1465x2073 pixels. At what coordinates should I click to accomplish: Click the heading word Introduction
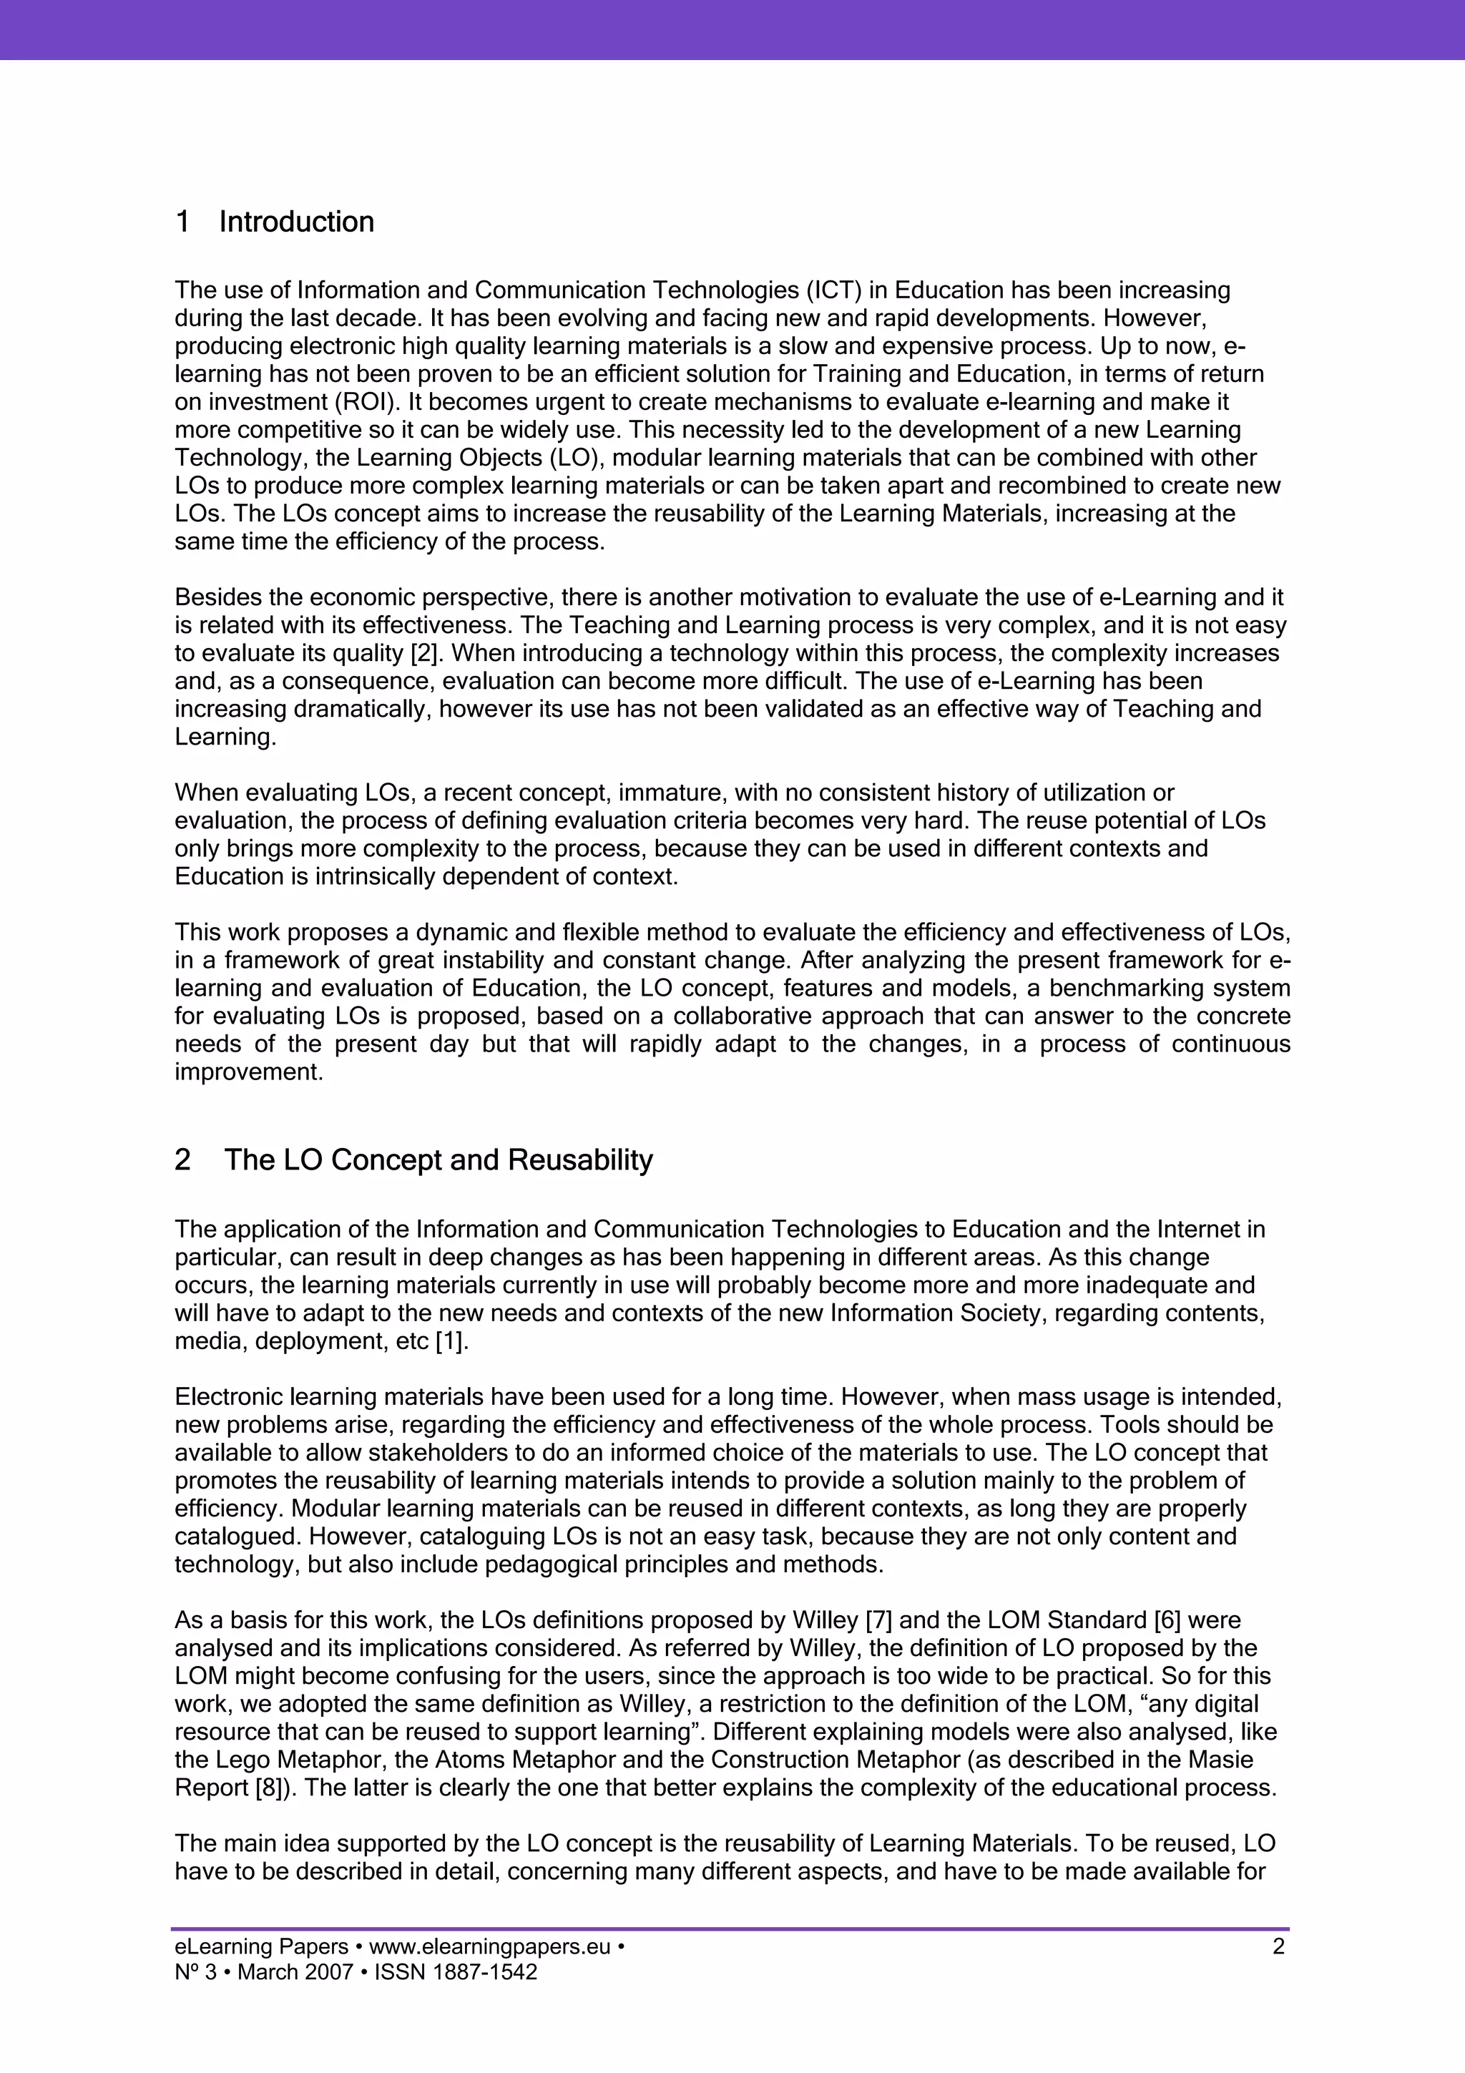point(296,222)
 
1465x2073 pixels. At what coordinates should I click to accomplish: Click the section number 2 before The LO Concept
point(182,1160)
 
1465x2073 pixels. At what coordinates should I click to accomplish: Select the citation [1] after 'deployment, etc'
point(451,1342)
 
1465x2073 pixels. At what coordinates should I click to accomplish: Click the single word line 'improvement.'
point(248,1072)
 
